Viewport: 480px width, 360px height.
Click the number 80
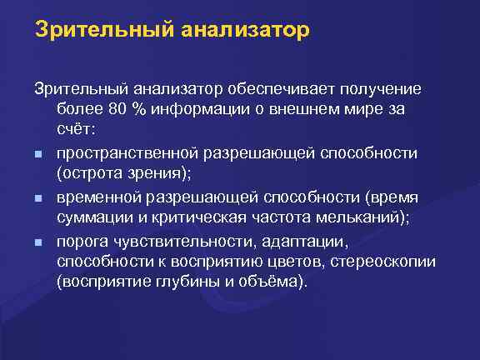(x=117, y=111)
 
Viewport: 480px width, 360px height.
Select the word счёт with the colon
(x=77, y=132)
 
